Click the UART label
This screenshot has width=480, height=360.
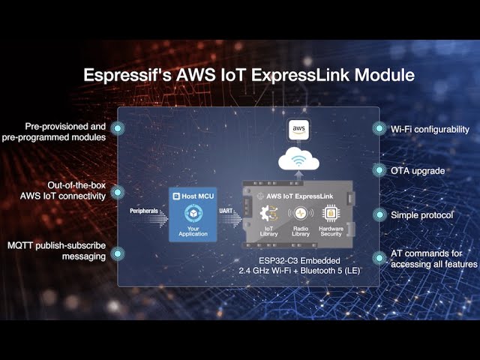coord(226,211)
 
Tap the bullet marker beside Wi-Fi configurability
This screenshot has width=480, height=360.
coord(378,129)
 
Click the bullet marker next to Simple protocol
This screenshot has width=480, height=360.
coord(378,215)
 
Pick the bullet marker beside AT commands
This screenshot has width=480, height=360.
coord(378,259)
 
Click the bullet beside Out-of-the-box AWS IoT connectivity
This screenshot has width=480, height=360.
coord(118,193)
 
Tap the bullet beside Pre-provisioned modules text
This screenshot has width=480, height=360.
coord(118,129)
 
